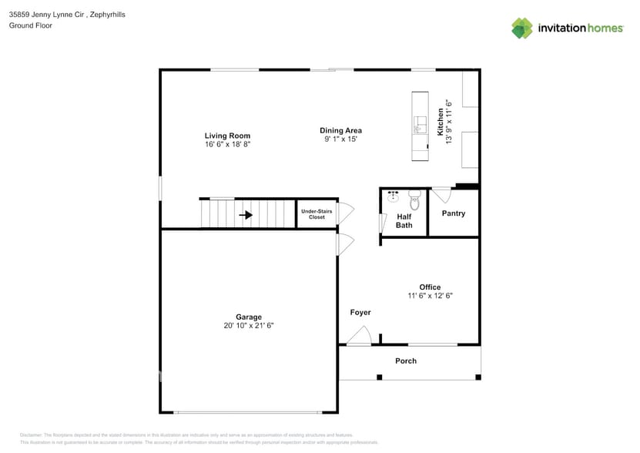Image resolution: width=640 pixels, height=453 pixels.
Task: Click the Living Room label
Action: [x=227, y=136]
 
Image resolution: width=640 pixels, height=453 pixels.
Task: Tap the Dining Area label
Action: [x=340, y=130]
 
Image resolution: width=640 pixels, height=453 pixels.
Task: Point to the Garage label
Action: [x=248, y=317]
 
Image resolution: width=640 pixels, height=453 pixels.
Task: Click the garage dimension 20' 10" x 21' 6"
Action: [x=248, y=326]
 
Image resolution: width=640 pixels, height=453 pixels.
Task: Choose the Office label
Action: [x=430, y=287]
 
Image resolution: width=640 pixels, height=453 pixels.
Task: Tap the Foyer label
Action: [x=360, y=312]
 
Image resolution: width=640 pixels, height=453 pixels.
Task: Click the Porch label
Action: [x=406, y=361]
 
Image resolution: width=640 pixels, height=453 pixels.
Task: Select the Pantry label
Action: [x=453, y=213]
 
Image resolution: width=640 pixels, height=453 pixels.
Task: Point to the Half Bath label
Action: [x=404, y=221]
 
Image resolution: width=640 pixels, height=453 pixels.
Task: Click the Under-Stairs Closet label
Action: [x=317, y=214]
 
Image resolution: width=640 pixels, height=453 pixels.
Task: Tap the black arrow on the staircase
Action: [x=246, y=215]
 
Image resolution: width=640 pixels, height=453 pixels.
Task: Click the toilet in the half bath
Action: [x=414, y=200]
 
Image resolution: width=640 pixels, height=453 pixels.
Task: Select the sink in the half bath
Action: [x=393, y=197]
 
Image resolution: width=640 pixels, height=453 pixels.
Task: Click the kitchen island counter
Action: [x=421, y=126]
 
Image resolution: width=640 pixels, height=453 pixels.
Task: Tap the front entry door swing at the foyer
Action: [x=359, y=336]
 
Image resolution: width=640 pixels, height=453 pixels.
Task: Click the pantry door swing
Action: [x=441, y=193]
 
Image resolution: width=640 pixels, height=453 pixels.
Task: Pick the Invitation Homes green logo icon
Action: [x=522, y=29]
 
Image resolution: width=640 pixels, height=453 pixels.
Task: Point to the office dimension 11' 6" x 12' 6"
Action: [x=430, y=296]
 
